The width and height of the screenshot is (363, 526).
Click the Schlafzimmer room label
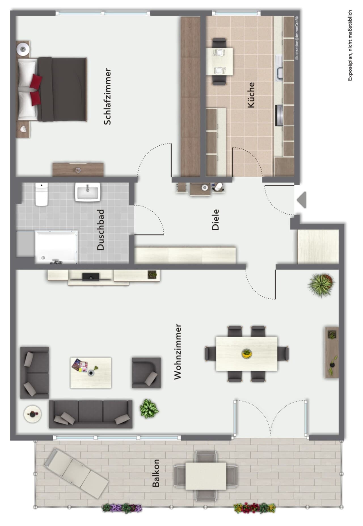[107, 96]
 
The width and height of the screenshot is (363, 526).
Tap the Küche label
[251, 95]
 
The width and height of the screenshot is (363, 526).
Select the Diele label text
[216, 220]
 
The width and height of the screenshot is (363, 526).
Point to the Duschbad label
[101, 230]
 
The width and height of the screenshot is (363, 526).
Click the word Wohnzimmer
[178, 351]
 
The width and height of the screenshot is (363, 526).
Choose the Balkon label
[156, 473]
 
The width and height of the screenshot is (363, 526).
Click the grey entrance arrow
[301, 200]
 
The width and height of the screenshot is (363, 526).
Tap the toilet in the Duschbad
[41, 194]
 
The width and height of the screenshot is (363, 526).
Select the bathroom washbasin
[88, 192]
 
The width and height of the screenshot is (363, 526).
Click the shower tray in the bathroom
[56, 247]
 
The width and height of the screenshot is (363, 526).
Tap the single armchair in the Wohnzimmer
[146, 373]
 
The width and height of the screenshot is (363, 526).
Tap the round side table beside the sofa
[33, 414]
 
